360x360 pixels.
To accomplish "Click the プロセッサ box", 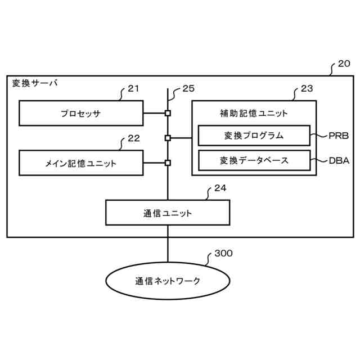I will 80,113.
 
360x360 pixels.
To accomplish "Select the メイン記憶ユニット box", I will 80,163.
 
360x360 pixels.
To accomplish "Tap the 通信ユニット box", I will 167,213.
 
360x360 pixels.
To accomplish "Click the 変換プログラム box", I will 254,136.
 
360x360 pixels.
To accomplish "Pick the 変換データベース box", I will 254,160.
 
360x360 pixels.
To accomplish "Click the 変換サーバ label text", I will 34,83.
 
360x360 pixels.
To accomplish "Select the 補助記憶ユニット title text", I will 254,113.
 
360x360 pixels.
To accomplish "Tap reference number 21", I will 133,88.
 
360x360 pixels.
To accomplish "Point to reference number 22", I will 133,138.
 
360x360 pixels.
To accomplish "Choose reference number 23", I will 307,88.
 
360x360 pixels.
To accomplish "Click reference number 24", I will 220,188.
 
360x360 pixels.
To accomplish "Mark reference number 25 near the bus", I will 188,88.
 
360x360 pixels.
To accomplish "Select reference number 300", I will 223,254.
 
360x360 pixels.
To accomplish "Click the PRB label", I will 339,136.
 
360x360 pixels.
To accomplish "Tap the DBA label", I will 339,160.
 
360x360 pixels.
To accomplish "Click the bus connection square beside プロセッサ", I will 167,113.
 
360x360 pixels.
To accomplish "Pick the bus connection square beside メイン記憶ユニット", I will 167,163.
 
